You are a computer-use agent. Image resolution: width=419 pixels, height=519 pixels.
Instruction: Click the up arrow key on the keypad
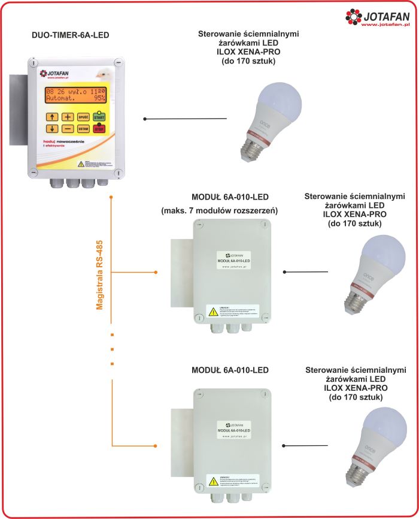53,117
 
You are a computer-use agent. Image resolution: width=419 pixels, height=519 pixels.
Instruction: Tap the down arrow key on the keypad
53,129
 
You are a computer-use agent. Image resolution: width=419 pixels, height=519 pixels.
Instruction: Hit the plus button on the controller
68,117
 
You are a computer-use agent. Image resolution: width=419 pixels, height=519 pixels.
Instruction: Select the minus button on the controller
68,129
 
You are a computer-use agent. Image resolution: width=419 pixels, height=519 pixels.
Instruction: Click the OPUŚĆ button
84,117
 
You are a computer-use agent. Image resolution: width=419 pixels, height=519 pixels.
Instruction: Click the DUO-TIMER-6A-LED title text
70,36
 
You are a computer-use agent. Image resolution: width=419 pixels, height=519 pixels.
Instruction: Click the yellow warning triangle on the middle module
212,310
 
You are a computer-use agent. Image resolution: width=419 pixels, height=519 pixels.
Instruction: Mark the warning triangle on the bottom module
212,480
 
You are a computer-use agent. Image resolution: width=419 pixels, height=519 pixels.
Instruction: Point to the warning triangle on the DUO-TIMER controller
80,162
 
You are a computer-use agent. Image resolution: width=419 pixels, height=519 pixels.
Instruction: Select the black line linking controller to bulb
186,119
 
